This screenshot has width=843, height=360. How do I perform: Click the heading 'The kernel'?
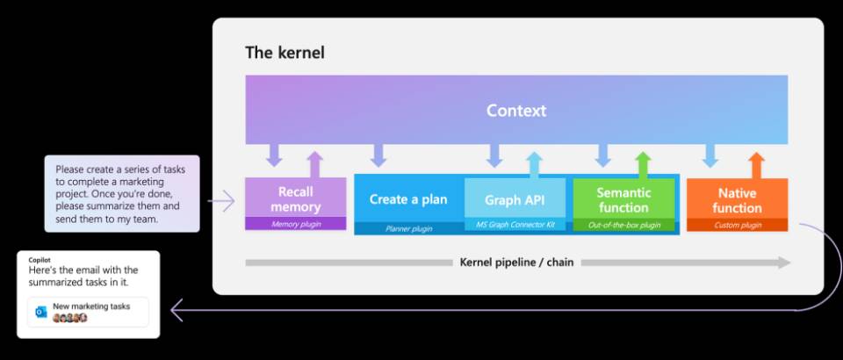(285, 53)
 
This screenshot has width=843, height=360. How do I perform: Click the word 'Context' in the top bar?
(516, 111)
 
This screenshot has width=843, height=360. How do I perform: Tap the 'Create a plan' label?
(408, 199)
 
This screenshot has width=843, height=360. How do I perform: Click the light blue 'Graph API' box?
(515, 199)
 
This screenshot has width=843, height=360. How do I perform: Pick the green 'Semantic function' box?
(623, 199)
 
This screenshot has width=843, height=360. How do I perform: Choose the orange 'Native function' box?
(737, 199)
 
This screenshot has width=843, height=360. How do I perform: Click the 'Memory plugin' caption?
(295, 225)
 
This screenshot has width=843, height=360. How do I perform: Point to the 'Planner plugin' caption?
(408, 227)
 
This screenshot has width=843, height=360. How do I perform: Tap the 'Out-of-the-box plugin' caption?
(623, 226)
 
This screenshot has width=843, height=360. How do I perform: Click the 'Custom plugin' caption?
(737, 226)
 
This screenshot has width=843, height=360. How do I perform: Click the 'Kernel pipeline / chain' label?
(516, 262)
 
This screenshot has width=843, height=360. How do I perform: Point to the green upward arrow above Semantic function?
(643, 163)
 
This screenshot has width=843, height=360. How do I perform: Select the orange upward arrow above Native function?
(756, 163)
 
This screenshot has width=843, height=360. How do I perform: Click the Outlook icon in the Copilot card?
(40, 312)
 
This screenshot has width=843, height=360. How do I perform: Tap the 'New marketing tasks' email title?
(90, 306)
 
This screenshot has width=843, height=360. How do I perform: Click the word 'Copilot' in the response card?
(40, 261)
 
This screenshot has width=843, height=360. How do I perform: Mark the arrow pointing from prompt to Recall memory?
(221, 202)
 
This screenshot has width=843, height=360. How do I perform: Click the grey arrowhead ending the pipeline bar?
(783, 263)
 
